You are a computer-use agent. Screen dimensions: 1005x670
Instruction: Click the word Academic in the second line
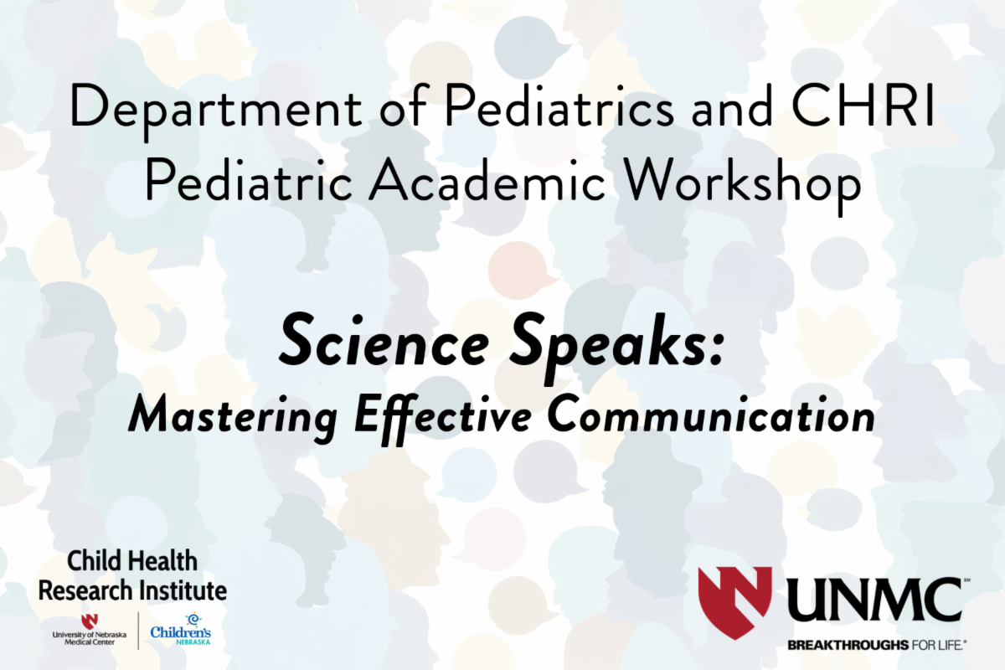(x=487, y=179)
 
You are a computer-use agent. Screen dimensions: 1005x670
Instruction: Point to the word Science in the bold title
(x=384, y=342)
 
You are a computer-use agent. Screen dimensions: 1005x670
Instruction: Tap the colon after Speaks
(x=716, y=349)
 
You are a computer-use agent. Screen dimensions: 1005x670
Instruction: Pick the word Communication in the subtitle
(x=711, y=413)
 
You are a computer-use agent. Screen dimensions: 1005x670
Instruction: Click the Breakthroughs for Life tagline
(x=877, y=646)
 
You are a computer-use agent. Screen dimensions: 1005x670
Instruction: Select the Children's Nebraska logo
(x=180, y=631)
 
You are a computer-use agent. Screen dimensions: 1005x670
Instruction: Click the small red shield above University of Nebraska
(x=90, y=621)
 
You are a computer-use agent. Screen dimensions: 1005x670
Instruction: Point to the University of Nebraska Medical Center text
(x=90, y=638)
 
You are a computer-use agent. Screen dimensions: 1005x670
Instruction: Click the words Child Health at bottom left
(x=132, y=561)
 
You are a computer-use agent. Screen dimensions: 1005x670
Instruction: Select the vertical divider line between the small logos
(x=138, y=631)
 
